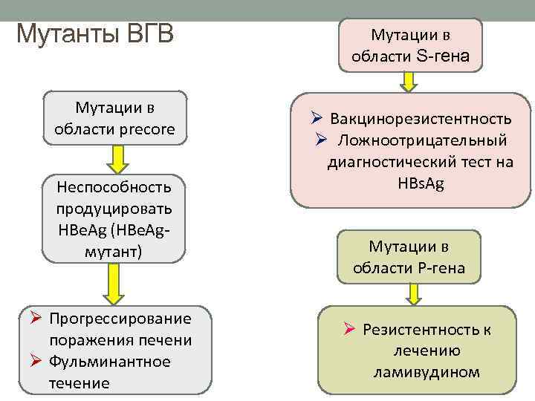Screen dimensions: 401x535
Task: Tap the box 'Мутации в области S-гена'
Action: point(410,45)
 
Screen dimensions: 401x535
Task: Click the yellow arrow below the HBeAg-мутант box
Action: point(114,283)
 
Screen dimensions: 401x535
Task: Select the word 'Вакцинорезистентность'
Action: point(421,119)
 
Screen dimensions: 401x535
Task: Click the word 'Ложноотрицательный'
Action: point(423,140)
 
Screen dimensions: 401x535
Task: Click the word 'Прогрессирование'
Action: point(120,319)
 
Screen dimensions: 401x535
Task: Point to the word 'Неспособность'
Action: point(114,186)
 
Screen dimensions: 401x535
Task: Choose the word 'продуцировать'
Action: point(114,208)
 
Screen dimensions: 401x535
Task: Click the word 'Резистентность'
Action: point(416,330)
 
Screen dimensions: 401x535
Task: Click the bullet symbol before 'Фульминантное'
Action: point(35,362)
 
